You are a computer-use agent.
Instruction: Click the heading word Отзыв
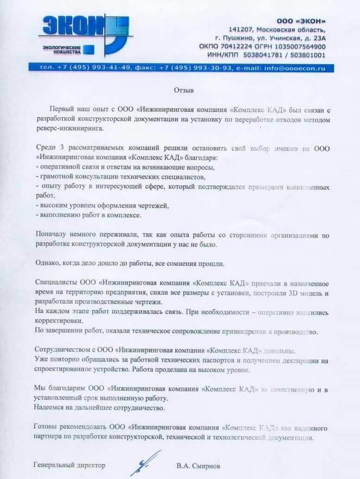tap(184, 90)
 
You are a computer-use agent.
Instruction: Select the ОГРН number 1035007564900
tap(297, 47)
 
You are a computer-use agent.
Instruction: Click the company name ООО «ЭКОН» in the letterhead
tap(301, 21)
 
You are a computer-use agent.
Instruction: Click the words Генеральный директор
tap(69, 465)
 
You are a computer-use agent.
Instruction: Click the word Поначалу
tap(50, 235)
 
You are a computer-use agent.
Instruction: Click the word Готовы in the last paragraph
tap(46, 428)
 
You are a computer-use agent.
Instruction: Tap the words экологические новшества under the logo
tap(62, 50)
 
